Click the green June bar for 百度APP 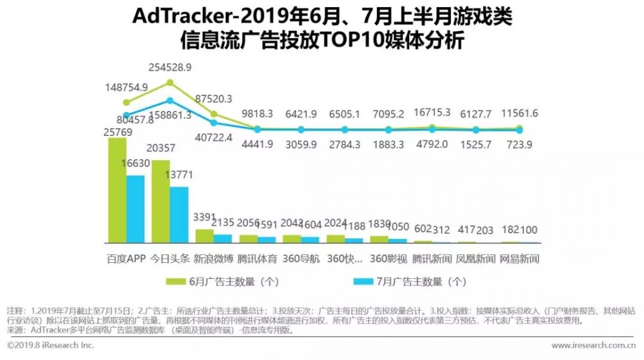[117, 190]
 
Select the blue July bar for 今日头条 [179, 214]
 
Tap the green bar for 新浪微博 [204, 236]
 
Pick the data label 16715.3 [432, 113]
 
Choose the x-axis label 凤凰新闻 [475, 259]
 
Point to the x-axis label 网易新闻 [519, 259]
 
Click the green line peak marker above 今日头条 [170, 82]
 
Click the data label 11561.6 [520, 113]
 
